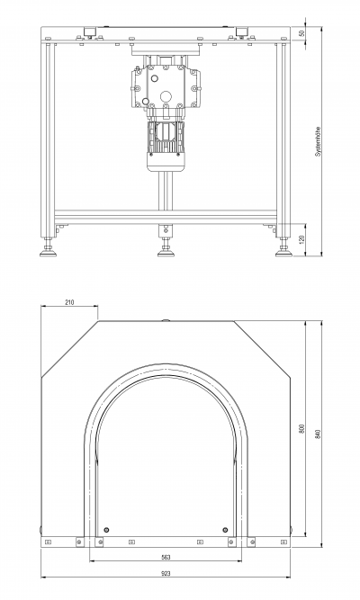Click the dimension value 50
point(302,33)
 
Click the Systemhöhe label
point(318,141)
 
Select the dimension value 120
point(301,240)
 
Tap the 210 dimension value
point(69,302)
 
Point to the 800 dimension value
point(301,428)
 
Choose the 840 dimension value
point(318,434)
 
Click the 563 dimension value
point(166,558)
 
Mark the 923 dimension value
point(166,573)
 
